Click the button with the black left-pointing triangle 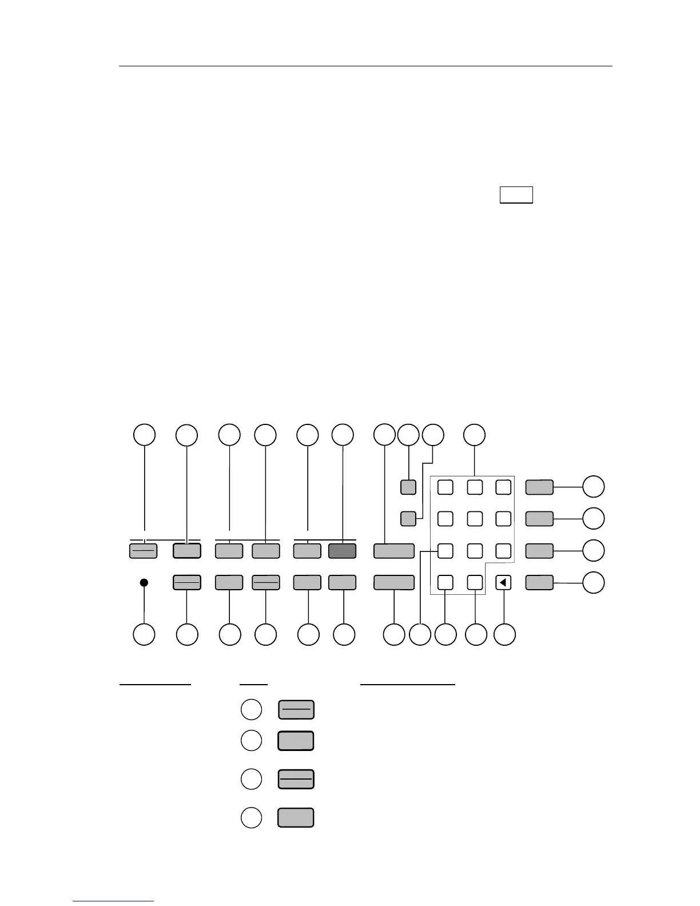click(503, 583)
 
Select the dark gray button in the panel click(342, 551)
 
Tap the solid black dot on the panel click(144, 582)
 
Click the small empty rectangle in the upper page click(516, 194)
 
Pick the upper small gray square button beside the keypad click(408, 487)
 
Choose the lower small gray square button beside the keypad click(408, 519)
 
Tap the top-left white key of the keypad click(445, 487)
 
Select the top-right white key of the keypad click(503, 487)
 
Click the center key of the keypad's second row click(474, 519)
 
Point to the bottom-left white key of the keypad click(445, 583)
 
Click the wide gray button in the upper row click(393, 551)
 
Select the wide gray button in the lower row click(393, 583)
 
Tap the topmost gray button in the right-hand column click(539, 487)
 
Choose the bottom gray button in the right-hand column click(539, 583)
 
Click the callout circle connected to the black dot click(144, 634)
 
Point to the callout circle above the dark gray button click(343, 435)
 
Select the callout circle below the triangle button click(504, 634)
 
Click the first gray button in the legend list click(296, 710)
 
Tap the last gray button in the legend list click(296, 817)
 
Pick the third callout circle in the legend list click(250, 779)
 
